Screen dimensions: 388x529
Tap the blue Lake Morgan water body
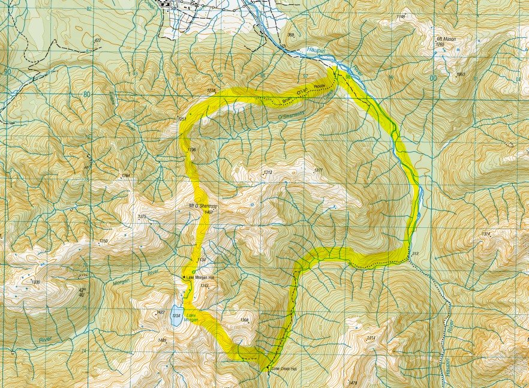coord(176,318)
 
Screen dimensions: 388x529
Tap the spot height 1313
coord(267,173)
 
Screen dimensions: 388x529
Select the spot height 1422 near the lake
coord(160,312)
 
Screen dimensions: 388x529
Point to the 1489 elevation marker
coord(162,341)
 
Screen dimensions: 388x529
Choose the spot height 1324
coord(486,233)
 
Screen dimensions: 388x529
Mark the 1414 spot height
coord(371,338)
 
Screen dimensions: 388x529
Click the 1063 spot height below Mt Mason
coord(461,74)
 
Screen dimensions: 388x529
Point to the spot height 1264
coord(125,176)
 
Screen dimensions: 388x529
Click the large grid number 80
coord(86,94)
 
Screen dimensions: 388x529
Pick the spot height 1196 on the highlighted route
coord(192,149)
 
